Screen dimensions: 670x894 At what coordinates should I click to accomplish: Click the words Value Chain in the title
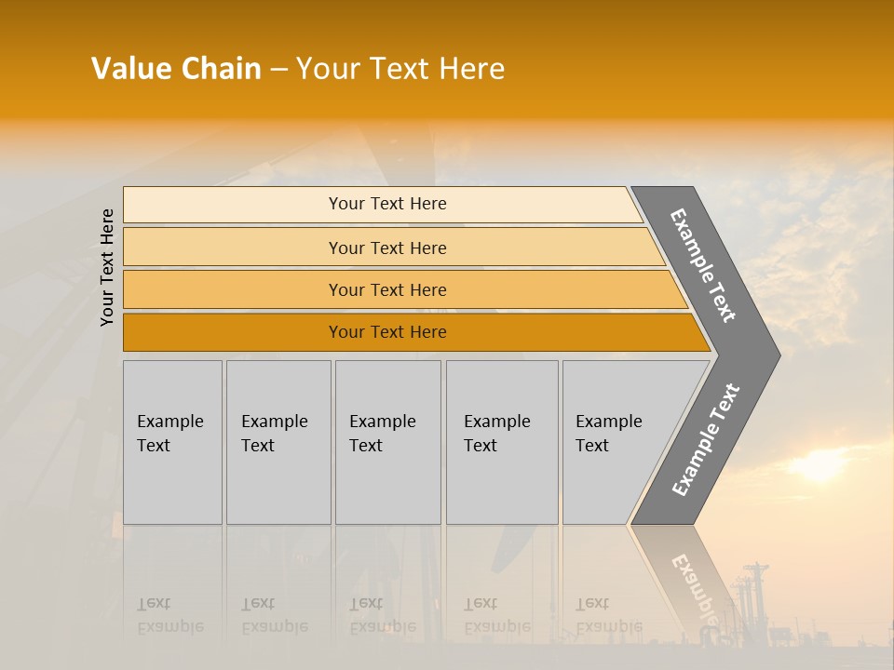(x=176, y=69)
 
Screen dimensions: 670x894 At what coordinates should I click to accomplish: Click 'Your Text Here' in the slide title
(x=400, y=69)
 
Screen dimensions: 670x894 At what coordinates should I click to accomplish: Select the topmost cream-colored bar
(x=386, y=204)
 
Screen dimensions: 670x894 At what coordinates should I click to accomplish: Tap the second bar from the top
(x=386, y=248)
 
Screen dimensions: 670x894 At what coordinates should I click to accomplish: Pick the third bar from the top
(x=386, y=289)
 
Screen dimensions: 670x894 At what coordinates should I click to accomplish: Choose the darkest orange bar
(x=386, y=332)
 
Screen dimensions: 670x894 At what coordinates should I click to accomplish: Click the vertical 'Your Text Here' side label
(x=107, y=267)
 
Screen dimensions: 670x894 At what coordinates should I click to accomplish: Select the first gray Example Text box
(x=172, y=442)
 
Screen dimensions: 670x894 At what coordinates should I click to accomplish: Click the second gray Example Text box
(x=278, y=442)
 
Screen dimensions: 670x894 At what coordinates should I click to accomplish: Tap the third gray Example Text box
(x=387, y=442)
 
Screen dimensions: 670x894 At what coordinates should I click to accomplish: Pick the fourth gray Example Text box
(x=501, y=442)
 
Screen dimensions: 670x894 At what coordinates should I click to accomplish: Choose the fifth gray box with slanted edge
(x=615, y=442)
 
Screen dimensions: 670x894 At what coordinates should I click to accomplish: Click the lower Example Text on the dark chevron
(x=706, y=439)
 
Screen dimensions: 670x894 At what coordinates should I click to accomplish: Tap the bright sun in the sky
(x=819, y=465)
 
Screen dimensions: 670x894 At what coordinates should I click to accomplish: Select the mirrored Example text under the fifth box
(x=609, y=616)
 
